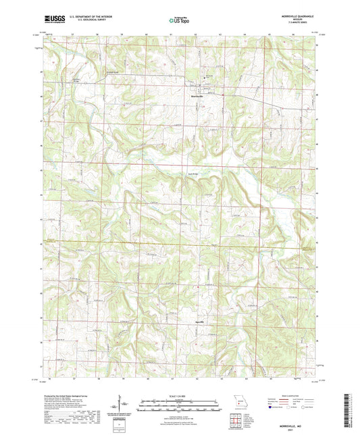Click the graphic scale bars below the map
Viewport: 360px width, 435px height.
[x=180, y=407]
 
